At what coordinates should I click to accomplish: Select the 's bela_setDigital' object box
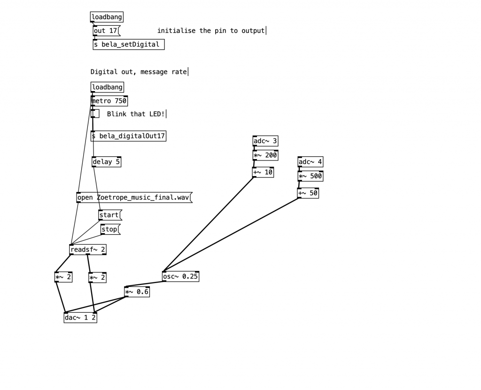(x=128, y=45)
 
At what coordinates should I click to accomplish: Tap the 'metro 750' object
(x=109, y=101)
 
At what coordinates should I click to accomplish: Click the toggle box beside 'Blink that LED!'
(x=95, y=114)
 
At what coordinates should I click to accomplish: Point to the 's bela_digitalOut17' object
(x=128, y=136)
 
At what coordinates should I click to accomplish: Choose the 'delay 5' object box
(x=106, y=162)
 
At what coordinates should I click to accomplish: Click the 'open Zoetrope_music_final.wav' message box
(x=134, y=198)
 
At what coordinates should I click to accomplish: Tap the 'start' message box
(x=109, y=215)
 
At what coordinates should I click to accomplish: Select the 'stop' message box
(x=110, y=229)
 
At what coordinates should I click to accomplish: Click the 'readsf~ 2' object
(x=87, y=250)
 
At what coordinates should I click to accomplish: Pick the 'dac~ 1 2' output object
(x=80, y=318)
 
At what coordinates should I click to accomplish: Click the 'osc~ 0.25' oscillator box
(x=180, y=276)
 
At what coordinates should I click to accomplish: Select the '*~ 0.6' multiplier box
(x=137, y=292)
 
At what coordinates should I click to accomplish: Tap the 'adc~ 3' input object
(x=265, y=141)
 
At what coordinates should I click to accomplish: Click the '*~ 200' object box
(x=265, y=155)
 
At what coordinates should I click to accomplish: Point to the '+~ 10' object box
(x=263, y=172)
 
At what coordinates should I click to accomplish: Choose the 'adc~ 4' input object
(x=310, y=162)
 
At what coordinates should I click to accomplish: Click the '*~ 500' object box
(x=310, y=176)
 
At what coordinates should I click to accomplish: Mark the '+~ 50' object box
(x=308, y=193)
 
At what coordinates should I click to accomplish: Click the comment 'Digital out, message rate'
(x=139, y=72)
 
